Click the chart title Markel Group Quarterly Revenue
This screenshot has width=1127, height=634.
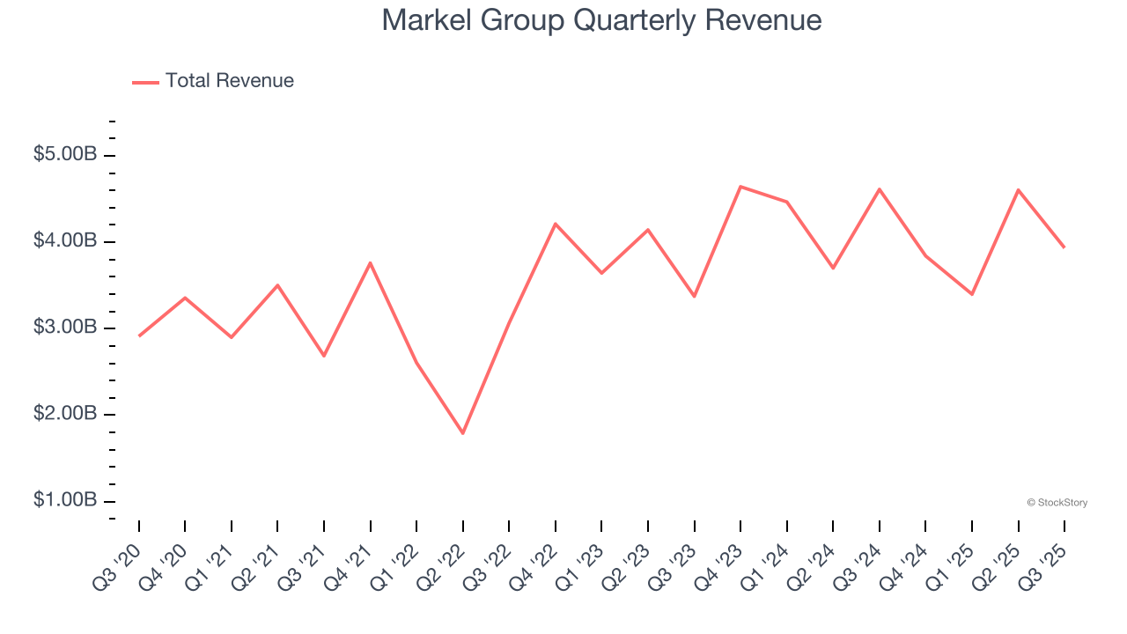(601, 20)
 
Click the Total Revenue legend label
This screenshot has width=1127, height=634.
(229, 81)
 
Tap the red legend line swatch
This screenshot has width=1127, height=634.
(145, 82)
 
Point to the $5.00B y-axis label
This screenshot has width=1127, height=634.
(65, 155)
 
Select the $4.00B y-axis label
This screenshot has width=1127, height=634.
(65, 241)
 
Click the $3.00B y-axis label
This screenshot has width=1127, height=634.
(65, 328)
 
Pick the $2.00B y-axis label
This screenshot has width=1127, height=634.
(65, 414)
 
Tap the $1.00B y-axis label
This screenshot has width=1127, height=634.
(65, 500)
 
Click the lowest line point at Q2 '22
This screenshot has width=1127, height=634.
(463, 433)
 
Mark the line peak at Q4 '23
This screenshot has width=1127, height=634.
(740, 187)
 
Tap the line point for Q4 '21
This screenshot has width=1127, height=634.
(370, 262)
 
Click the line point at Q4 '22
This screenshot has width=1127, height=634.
(556, 224)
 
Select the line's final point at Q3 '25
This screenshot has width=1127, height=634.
(1064, 247)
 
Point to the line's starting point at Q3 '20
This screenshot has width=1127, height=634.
(139, 336)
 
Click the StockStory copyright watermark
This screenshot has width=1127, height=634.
(1057, 503)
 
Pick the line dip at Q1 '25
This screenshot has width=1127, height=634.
(972, 294)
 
